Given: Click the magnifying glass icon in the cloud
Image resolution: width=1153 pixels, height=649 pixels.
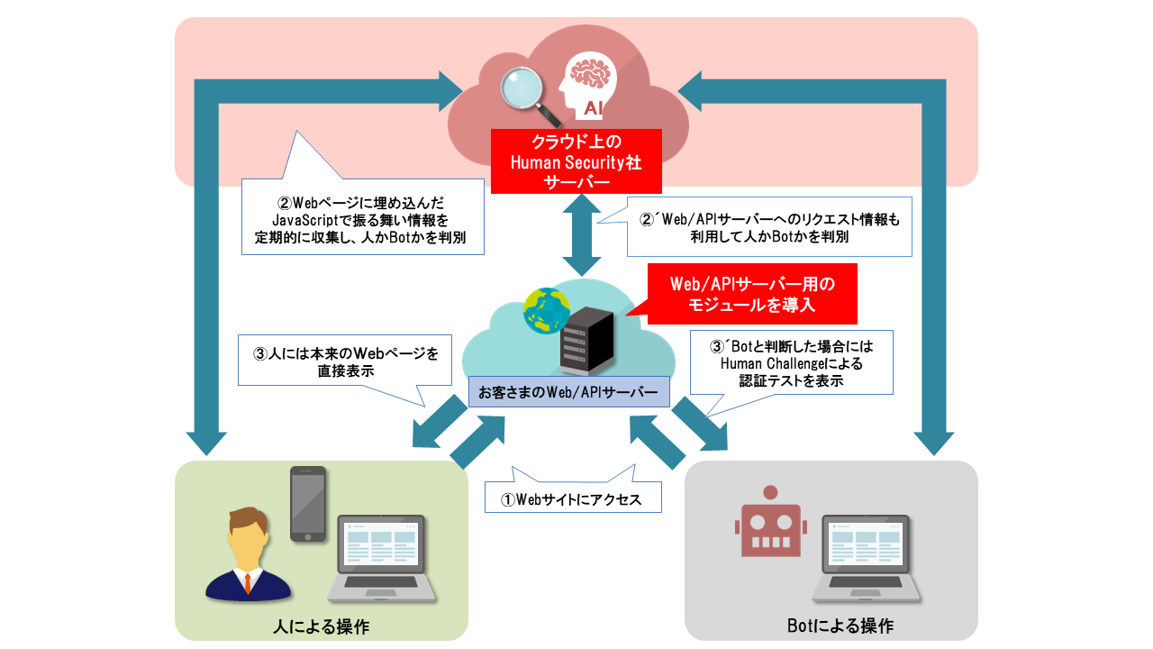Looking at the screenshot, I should click(525, 92).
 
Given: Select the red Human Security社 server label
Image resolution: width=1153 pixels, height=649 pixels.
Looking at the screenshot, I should click(576, 161).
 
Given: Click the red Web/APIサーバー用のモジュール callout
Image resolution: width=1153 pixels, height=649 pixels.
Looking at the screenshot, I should click(752, 295).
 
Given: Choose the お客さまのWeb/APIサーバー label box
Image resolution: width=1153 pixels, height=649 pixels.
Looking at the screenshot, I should click(569, 392).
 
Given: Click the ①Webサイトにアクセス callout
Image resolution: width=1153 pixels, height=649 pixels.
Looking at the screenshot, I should click(573, 498).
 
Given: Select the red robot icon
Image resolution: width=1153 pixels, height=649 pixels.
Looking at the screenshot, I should click(769, 524).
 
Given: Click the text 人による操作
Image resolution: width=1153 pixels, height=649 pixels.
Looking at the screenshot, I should click(321, 626).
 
